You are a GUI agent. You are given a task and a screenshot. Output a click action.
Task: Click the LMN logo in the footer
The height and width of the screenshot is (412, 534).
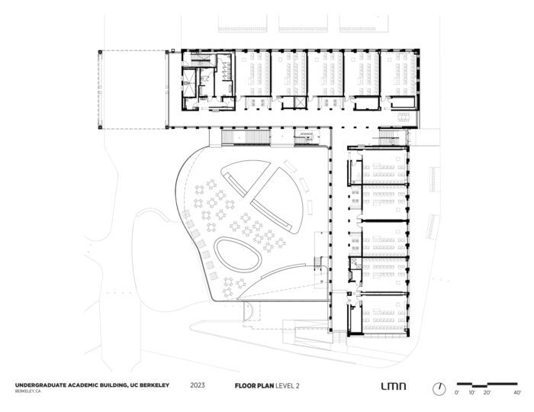pyautogui.click(x=393, y=386)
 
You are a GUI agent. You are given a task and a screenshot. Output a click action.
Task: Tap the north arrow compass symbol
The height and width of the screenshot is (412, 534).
pyautogui.click(x=439, y=388)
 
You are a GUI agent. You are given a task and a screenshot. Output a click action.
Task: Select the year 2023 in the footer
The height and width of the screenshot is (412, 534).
pyautogui.click(x=198, y=385)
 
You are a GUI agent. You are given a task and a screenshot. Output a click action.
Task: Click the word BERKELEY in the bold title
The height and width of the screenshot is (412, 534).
pyautogui.click(x=153, y=385)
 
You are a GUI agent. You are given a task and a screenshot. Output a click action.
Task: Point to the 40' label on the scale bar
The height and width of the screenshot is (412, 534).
pyautogui.click(x=517, y=393)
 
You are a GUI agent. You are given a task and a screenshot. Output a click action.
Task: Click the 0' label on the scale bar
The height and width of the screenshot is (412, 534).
pyautogui.click(x=457, y=393)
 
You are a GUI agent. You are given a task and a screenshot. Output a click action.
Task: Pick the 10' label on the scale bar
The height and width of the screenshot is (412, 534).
pyautogui.click(x=471, y=393)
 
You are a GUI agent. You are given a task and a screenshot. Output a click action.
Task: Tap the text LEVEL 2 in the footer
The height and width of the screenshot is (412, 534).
pyautogui.click(x=288, y=386)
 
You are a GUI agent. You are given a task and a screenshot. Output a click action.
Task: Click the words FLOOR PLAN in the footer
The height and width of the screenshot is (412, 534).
pyautogui.click(x=254, y=386)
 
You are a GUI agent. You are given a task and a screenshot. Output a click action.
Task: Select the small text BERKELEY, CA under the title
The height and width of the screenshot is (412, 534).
pyautogui.click(x=27, y=391)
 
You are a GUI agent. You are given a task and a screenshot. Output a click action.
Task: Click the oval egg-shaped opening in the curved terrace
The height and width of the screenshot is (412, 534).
pyautogui.click(x=238, y=254)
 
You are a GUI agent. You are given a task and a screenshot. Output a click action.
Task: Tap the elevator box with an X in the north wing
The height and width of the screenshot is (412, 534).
pyautogui.click(x=300, y=102)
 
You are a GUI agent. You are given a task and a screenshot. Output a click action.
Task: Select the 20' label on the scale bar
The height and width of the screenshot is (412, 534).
pyautogui.click(x=487, y=393)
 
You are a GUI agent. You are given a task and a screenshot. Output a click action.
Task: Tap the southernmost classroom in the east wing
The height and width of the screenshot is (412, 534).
pyautogui.click(x=384, y=314)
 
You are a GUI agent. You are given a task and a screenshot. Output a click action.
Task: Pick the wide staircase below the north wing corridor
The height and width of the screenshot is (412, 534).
pyautogui.click(x=246, y=137)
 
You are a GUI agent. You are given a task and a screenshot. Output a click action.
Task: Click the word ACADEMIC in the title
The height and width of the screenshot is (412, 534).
pyautogui.click(x=83, y=385)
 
